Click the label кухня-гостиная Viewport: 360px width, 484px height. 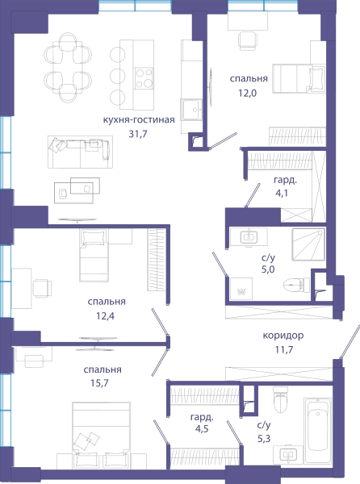point(139,119)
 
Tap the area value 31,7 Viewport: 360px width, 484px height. point(138,134)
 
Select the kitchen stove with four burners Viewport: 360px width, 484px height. point(144,78)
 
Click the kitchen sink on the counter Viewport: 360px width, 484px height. point(191,110)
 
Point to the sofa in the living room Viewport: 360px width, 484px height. point(80,152)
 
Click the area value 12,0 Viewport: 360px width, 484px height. point(247,93)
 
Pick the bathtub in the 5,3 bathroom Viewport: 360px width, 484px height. point(318,431)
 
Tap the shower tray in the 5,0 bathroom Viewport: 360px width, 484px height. point(309,244)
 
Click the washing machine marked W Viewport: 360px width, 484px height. point(241,289)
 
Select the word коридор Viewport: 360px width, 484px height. point(283,336)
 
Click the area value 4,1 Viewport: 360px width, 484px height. point(282,194)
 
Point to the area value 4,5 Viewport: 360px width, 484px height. point(202,429)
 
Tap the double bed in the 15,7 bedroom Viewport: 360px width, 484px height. point(101,436)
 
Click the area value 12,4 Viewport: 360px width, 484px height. point(105,316)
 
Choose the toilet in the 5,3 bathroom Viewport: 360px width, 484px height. point(280,399)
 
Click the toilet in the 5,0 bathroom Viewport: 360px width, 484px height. point(296,285)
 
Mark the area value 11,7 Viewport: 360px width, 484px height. point(284,350)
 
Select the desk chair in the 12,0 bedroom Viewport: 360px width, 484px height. point(248,40)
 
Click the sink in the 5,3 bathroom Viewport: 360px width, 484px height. point(288,454)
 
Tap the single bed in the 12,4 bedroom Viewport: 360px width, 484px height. point(94,255)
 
